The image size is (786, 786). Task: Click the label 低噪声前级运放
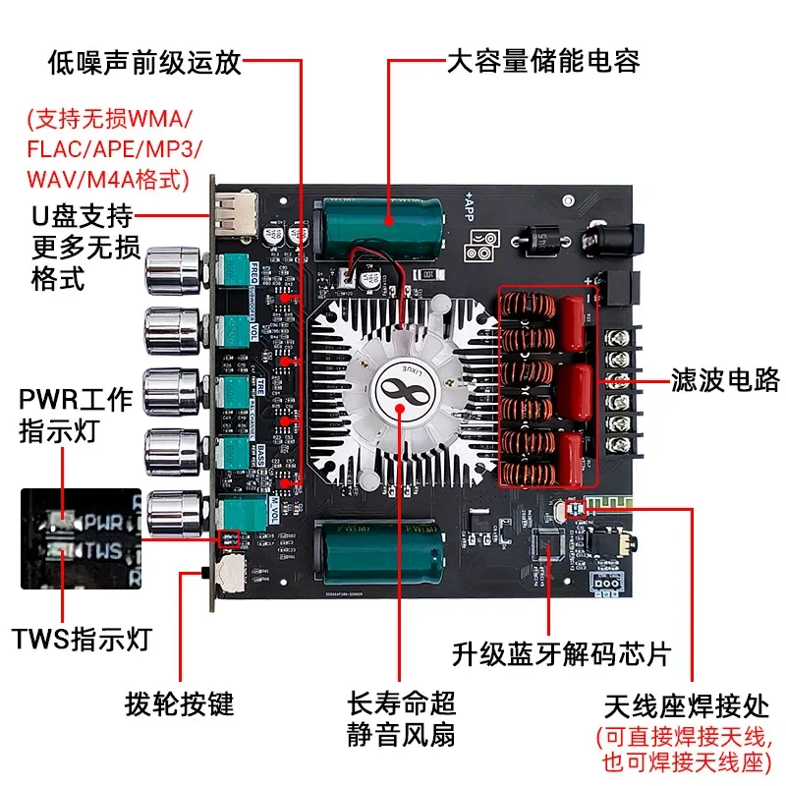pyautogui.click(x=144, y=64)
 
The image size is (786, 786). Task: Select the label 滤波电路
pyautogui.click(x=725, y=378)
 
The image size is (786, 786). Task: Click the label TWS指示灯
pyautogui.click(x=83, y=641)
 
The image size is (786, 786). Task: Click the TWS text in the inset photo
pyautogui.click(x=104, y=550)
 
